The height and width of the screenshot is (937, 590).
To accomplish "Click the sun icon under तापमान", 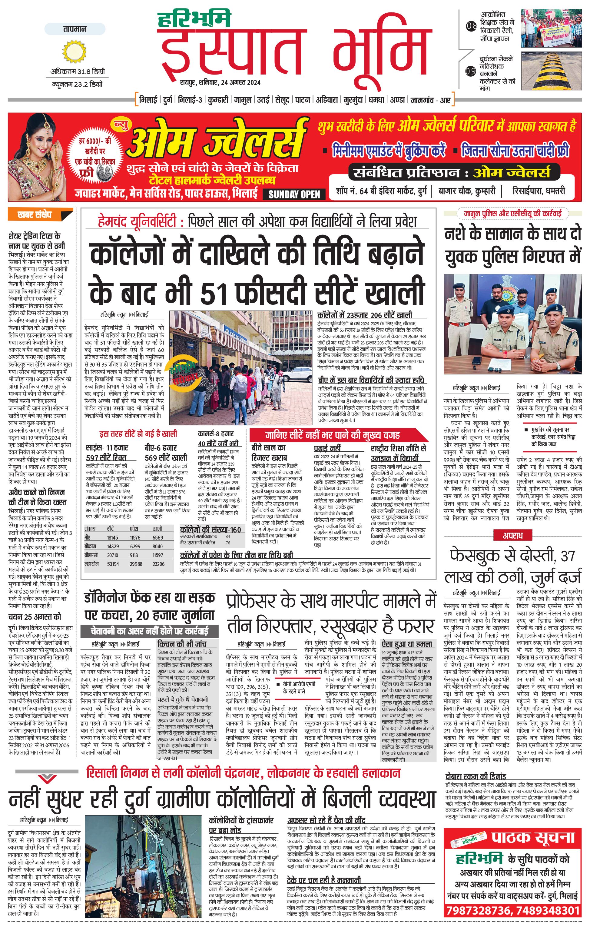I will (74, 52).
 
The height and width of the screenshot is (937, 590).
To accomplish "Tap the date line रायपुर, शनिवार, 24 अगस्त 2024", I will (220, 82).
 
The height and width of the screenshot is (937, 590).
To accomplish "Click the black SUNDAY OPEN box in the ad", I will (294, 194).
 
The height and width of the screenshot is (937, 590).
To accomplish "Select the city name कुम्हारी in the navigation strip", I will (218, 100).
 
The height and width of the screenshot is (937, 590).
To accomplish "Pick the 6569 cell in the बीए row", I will (158, 537).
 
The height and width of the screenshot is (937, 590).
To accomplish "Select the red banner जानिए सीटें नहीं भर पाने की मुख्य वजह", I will (333, 435).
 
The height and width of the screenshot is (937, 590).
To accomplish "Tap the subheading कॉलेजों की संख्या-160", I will (210, 530).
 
